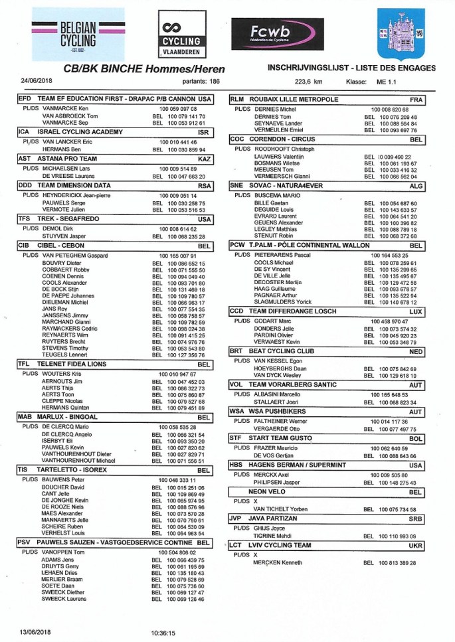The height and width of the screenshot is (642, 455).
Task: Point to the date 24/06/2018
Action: (34, 81)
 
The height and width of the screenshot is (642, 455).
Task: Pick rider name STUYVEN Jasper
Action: (64, 236)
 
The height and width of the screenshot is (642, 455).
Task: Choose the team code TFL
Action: (24, 364)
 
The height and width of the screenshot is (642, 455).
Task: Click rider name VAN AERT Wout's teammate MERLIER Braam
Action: (60, 580)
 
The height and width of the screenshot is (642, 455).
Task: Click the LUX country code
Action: (416, 310)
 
